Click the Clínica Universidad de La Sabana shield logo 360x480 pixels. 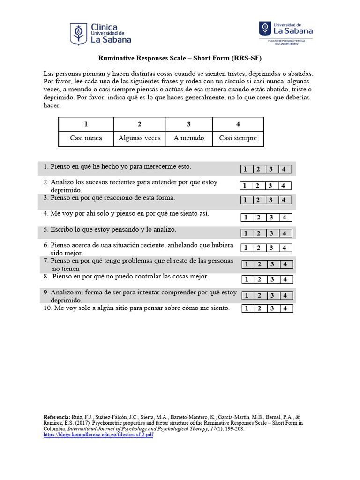click(78, 34)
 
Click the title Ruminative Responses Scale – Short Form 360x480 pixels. click(180, 59)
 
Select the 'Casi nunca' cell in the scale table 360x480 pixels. click(86, 138)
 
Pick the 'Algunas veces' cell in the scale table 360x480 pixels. click(139, 138)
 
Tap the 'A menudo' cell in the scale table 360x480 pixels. click(189, 138)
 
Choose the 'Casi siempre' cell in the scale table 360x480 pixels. click(238, 138)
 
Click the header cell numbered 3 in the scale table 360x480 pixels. click(189, 124)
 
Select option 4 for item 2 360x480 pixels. click(283, 186)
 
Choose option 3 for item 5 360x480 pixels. click(271, 233)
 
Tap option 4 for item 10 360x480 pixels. click(284, 308)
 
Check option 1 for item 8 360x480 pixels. click(246, 280)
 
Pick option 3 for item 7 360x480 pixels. click(272, 264)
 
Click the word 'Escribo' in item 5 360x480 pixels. click(62, 230)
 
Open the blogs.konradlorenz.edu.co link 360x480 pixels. click(98, 435)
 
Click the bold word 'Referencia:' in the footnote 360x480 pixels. click(57, 417)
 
